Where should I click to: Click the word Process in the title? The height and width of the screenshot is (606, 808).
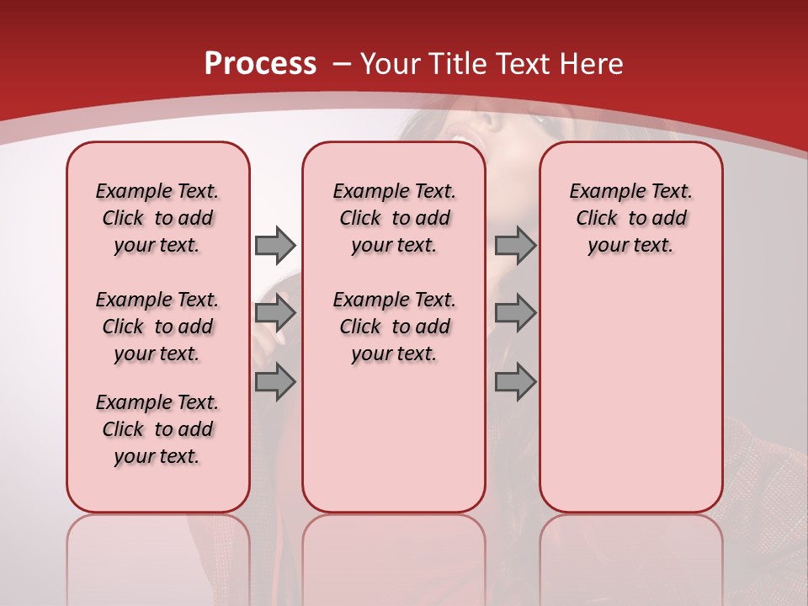pos(260,63)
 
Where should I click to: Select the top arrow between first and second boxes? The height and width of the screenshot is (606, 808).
pos(275,245)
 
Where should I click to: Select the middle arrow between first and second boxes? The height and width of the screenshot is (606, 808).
pos(275,313)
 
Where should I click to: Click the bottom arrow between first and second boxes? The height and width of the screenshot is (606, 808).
pos(275,382)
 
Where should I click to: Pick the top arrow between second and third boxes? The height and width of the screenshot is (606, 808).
pos(515,245)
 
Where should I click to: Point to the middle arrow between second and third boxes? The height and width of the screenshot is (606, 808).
pos(515,313)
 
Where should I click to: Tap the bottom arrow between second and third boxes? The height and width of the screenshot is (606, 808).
pos(515,382)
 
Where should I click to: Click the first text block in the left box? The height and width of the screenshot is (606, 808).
pos(157,218)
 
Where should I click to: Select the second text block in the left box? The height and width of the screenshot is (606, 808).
pos(157,327)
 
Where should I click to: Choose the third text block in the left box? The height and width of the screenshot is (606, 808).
pos(157,429)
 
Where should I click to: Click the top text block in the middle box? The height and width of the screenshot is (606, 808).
pos(394,218)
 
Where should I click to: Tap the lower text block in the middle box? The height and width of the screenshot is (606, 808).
pos(394,327)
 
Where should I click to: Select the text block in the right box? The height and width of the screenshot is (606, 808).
pos(631,218)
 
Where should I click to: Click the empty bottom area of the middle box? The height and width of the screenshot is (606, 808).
pos(394,446)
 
